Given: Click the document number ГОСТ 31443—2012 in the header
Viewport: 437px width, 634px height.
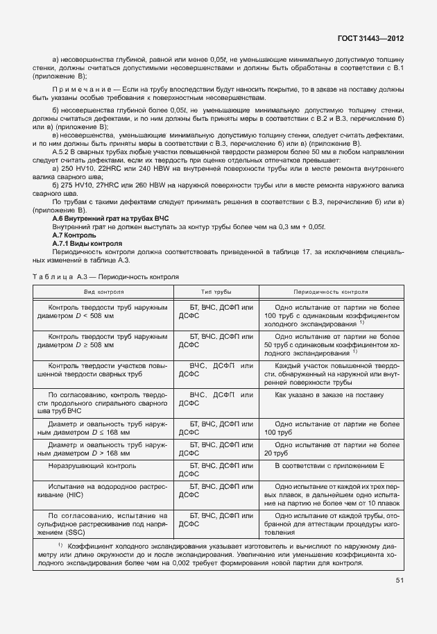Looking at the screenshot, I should click(x=371, y=40).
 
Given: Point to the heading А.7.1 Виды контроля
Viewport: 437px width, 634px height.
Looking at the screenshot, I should click(x=87, y=244).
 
